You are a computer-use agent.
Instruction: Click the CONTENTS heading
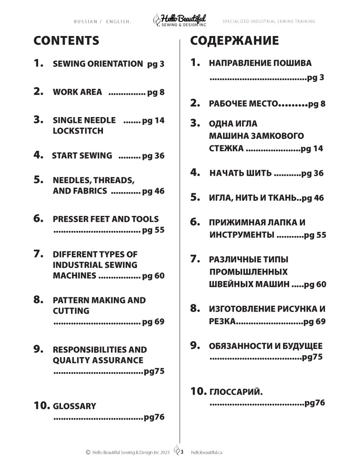point(66,41)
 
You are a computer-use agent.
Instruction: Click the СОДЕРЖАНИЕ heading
point(234,41)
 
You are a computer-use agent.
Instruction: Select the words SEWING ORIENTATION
point(98,64)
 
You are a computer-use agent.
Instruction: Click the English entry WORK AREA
point(77,92)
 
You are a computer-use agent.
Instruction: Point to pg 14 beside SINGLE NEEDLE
point(153,121)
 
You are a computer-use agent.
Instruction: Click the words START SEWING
point(82,155)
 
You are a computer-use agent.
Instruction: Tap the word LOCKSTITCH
point(78,131)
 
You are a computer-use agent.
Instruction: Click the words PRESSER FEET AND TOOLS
point(106,219)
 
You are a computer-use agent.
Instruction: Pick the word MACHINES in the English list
point(74,276)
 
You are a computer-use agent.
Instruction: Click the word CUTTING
point(71,311)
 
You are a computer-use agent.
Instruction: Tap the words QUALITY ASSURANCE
point(98,360)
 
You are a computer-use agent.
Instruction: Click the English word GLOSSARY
point(74,406)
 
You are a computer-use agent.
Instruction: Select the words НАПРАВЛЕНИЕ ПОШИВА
point(260,63)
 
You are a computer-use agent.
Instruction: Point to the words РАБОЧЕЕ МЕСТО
point(243,103)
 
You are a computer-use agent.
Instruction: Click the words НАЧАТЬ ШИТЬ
point(240,173)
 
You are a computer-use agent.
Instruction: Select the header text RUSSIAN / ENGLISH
point(102,21)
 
